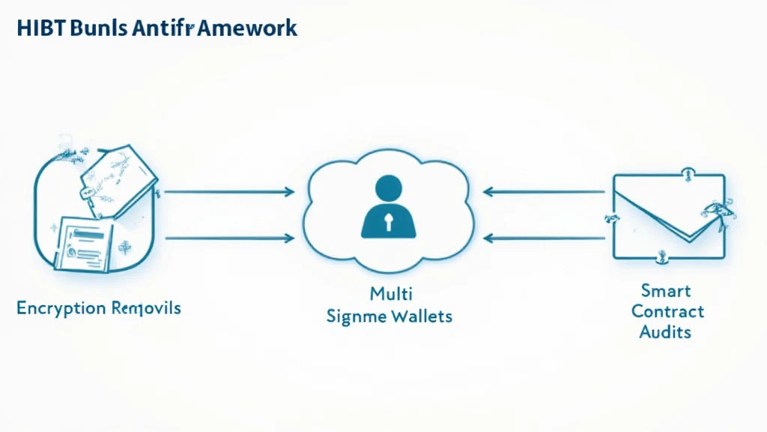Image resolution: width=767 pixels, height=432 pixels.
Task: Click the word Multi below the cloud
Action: [390, 292]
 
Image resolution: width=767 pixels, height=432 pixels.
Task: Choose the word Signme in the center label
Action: [357, 316]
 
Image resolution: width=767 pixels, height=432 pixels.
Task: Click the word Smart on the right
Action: [666, 290]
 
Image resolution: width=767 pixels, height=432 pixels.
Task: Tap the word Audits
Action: [666, 331]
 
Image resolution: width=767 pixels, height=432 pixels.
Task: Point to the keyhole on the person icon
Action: [389, 220]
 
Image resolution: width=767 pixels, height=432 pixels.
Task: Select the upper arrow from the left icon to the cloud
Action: [228, 192]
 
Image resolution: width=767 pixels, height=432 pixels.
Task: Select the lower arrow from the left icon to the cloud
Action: [228, 238]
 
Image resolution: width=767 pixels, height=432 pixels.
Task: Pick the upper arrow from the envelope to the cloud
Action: [543, 192]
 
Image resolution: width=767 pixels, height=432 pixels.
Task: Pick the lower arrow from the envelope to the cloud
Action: [543, 238]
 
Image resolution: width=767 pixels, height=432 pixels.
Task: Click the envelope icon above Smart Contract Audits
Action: [669, 216]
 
